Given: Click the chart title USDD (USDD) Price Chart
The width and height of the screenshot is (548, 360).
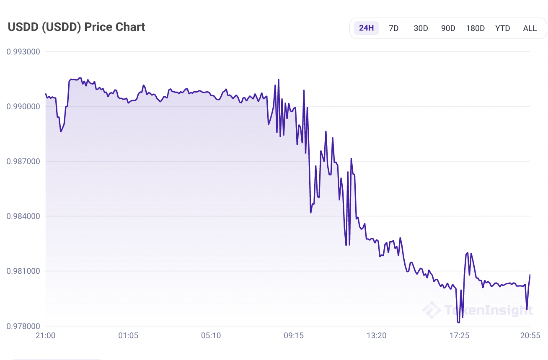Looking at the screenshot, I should pyautogui.click(x=77, y=27).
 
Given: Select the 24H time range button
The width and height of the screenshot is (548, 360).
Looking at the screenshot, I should pyautogui.click(x=366, y=28).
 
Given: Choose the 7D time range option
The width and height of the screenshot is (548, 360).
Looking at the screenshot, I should pyautogui.click(x=393, y=28).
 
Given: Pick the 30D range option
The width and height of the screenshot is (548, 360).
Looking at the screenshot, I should pyautogui.click(x=421, y=28).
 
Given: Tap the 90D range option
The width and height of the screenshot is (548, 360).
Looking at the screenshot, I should pyautogui.click(x=448, y=28).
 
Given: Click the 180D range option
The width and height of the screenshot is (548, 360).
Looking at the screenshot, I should pyautogui.click(x=475, y=28).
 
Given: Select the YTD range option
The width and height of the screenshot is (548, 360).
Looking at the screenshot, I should pyautogui.click(x=502, y=28).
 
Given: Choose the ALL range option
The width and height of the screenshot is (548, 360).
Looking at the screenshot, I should pyautogui.click(x=530, y=28).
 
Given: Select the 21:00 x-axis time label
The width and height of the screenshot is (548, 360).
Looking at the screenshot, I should pyautogui.click(x=45, y=336).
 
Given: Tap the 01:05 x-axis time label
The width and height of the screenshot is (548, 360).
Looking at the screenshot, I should pyautogui.click(x=128, y=336).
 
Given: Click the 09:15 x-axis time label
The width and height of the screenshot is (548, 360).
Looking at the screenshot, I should pyautogui.click(x=294, y=336).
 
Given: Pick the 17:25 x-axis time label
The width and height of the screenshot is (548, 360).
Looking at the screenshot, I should pyautogui.click(x=459, y=336).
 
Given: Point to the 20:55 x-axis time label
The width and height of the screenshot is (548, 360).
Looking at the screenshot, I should pyautogui.click(x=530, y=336).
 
